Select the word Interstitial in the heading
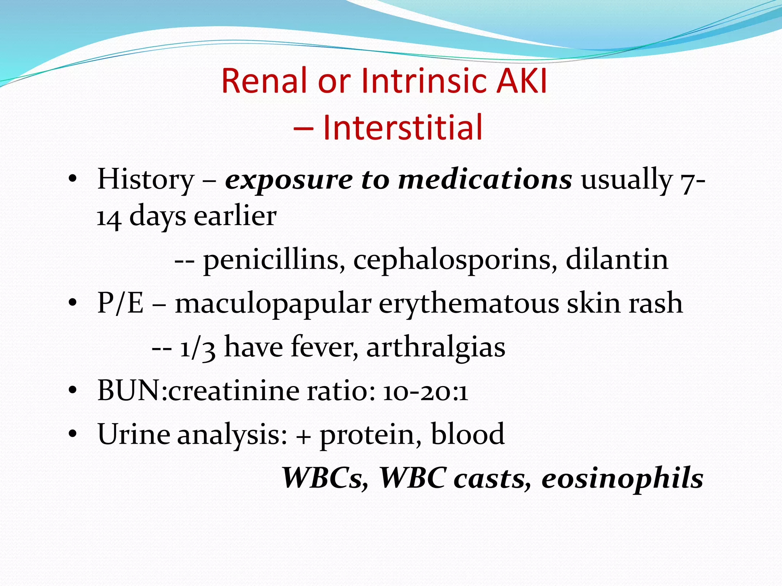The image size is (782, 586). (x=402, y=127)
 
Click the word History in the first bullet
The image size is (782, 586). (x=145, y=179)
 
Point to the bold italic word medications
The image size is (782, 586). (x=485, y=179)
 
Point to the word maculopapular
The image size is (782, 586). (x=273, y=304)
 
